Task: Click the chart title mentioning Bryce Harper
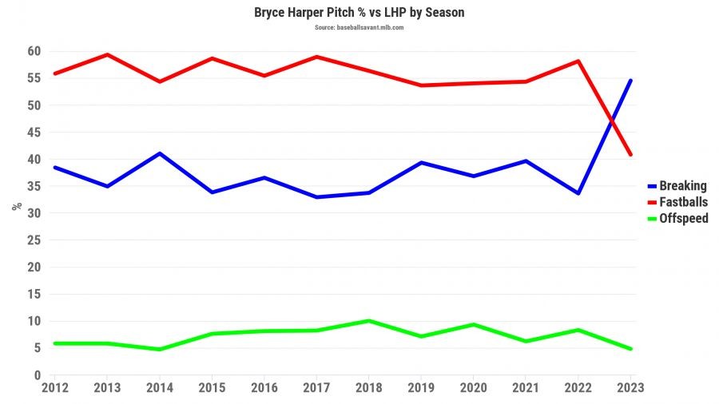coord(359,13)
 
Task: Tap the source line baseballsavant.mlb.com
coord(359,27)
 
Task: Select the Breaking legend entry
coord(677,186)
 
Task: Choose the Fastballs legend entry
coord(677,202)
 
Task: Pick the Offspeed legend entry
coord(677,218)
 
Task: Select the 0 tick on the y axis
coord(37,375)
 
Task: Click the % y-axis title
coord(17,206)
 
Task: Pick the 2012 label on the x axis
coord(54,388)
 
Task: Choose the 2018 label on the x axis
coord(368,388)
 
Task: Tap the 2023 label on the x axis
coord(630,388)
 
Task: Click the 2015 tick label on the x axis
coord(212,388)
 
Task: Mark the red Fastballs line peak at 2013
coord(106,54)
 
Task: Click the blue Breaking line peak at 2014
coord(160,153)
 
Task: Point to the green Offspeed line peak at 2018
coord(368,321)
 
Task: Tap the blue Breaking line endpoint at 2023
coord(630,81)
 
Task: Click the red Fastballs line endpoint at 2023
coord(630,154)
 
